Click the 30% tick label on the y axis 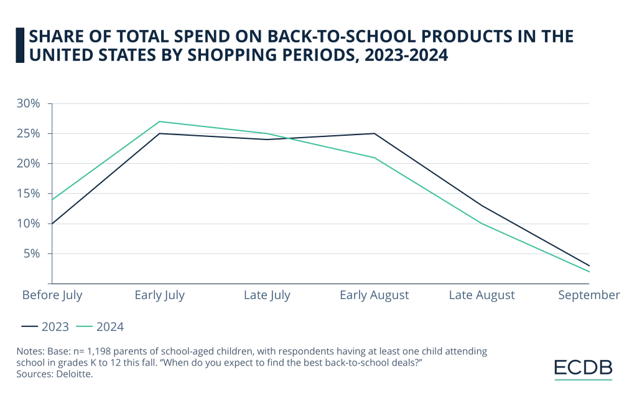pos(29,103)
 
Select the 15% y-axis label pos(29,194)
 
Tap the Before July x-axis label pos(52,295)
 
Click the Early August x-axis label pos(374,295)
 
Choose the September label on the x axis pos(588,295)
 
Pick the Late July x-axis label pos(267,295)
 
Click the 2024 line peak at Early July pos(160,121)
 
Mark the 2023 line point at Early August pos(374,133)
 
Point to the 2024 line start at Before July pos(53,199)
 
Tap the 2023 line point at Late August pos(481,206)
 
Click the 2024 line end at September pos(588,272)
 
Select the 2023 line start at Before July pos(53,224)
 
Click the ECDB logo pos(583,368)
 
